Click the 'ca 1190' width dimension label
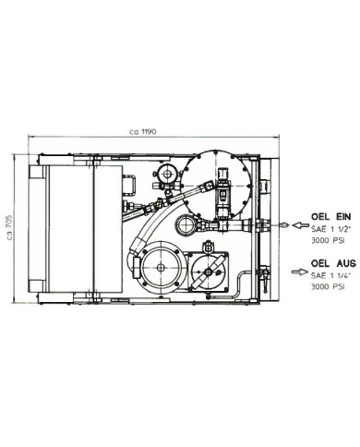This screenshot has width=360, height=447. pos(143,132)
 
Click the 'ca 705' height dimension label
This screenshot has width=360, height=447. pos(9,227)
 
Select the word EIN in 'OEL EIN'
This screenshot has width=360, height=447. pos(342,216)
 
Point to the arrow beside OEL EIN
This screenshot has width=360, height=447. pos(300,225)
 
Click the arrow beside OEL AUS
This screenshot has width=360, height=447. pos(299,272)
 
